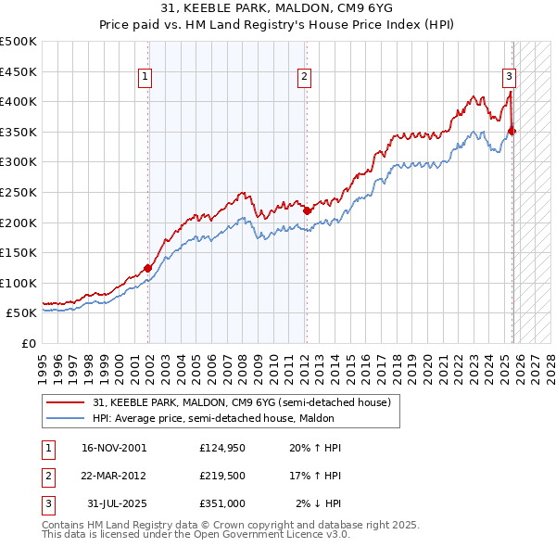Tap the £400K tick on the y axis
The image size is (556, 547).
19,101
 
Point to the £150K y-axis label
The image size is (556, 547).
19,252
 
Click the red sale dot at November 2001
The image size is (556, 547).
148,268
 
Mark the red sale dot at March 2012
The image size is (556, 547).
307,210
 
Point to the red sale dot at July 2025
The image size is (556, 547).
512,131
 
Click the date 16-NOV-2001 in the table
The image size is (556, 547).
114,448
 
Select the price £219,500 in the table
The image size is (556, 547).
222,476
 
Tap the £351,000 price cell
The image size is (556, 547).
222,503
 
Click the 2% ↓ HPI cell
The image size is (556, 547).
319,503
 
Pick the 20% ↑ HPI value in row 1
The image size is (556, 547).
316,448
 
